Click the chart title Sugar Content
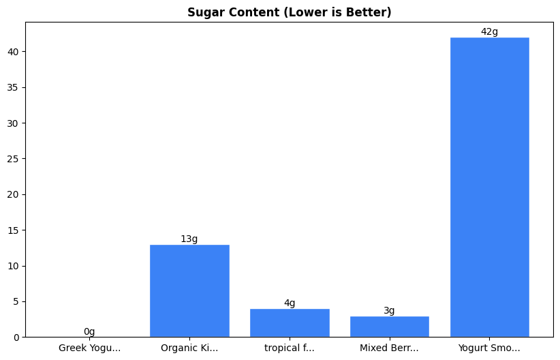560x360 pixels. point(290,12)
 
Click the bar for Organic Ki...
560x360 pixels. point(189,290)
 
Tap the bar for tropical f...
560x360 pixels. point(290,322)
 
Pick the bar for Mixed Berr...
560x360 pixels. point(389,326)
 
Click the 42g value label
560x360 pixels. point(489,31)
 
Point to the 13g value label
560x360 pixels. point(189,239)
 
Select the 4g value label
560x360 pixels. point(290,303)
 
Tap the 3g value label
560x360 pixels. point(389,310)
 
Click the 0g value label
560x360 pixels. point(89,331)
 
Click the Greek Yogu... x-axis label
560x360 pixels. point(89,348)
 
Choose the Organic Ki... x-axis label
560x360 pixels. point(189,348)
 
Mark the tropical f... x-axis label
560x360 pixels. point(290,348)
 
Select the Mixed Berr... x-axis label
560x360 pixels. point(389,348)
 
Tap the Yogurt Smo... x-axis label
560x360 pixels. point(489,348)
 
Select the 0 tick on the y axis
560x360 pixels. point(18,337)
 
